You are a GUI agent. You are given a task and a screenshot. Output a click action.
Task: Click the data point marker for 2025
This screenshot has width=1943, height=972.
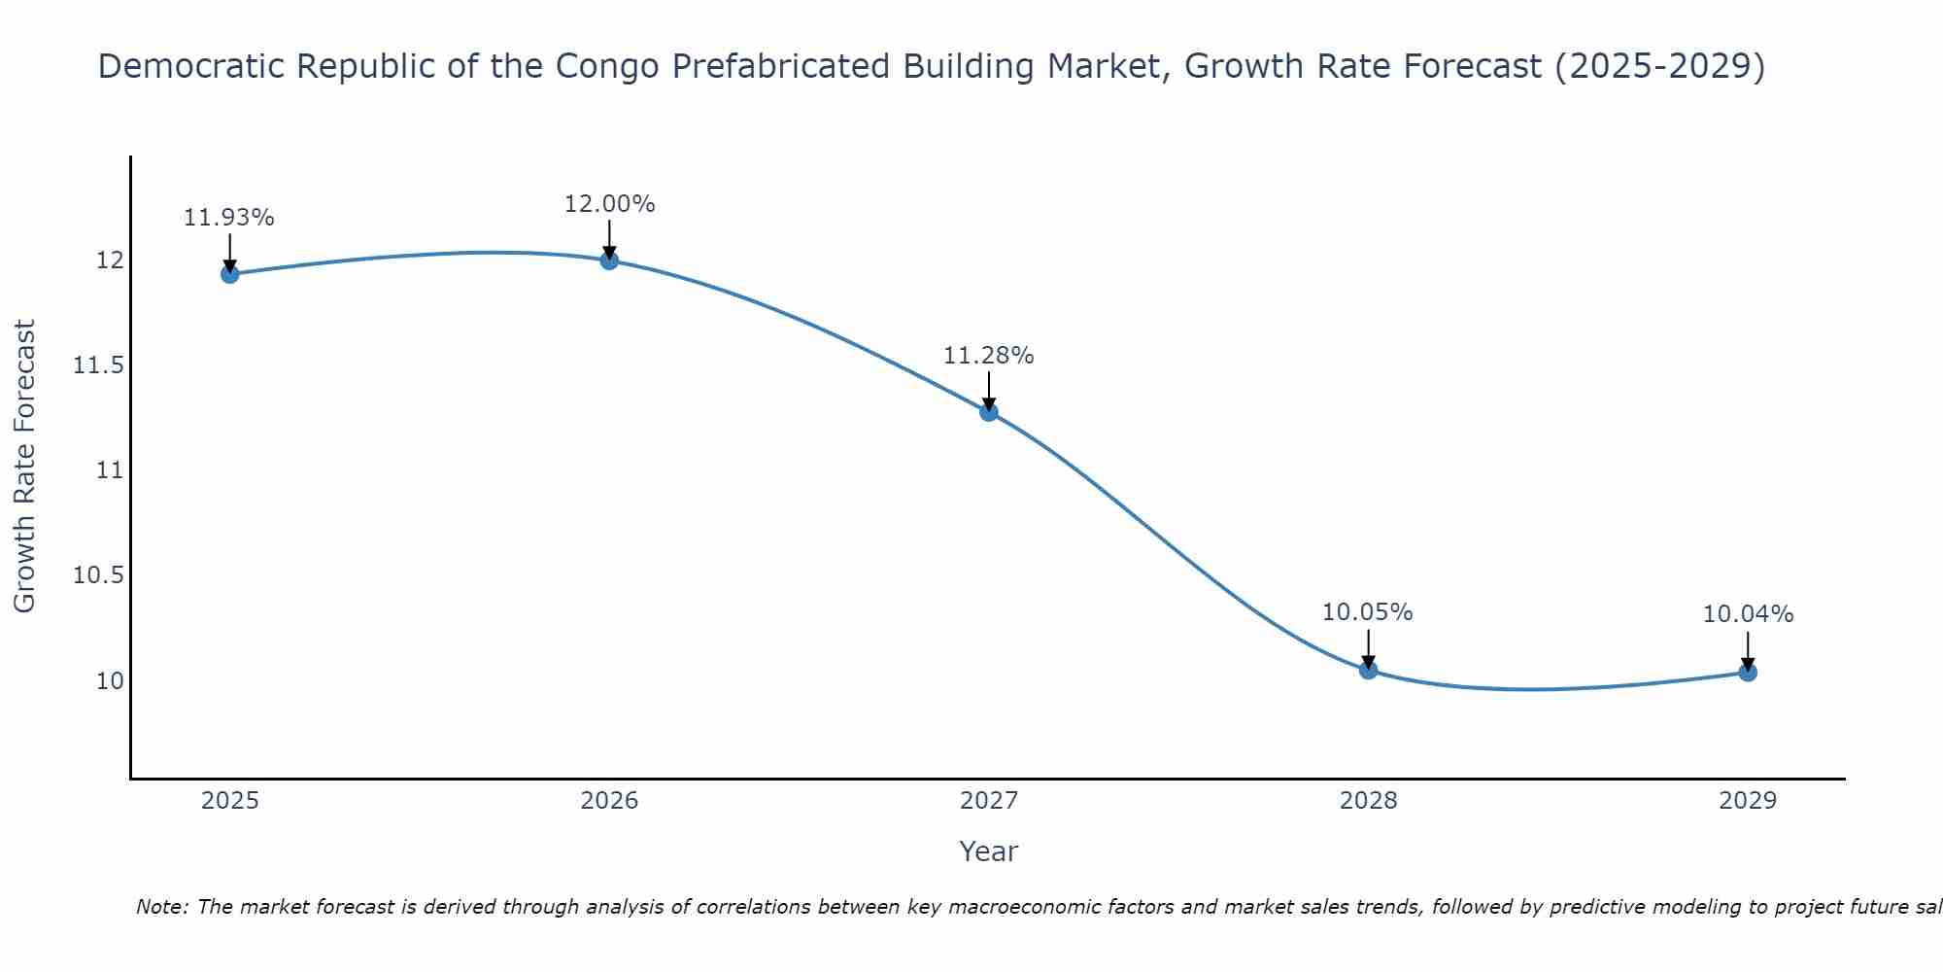click(x=230, y=274)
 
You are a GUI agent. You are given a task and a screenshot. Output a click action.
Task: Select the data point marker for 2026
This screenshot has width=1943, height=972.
click(x=609, y=260)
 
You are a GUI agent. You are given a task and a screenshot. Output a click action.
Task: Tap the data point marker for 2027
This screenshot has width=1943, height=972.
click(x=989, y=411)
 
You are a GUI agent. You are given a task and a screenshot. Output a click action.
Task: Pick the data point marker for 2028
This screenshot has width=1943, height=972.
click(x=1368, y=670)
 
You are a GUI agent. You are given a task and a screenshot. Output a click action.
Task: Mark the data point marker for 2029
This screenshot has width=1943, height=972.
click(x=1748, y=672)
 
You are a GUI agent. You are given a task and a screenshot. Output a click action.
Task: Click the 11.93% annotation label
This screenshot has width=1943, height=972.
click(x=229, y=218)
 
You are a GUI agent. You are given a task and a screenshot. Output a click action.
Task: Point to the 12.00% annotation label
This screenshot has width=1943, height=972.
click(x=609, y=204)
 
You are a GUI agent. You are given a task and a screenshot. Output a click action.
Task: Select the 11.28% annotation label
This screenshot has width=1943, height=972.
click(x=989, y=356)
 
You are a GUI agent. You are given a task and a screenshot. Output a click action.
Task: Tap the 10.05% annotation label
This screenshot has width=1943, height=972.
click(x=1368, y=612)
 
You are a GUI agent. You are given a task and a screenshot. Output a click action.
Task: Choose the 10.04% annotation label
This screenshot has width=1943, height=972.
click(x=1748, y=614)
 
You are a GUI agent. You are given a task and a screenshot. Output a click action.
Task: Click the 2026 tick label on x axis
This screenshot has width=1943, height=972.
click(x=609, y=801)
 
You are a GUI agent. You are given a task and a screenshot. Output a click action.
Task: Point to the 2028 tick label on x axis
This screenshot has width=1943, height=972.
click(x=1368, y=801)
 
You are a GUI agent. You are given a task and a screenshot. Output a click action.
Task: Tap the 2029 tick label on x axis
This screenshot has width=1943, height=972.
click(x=1748, y=801)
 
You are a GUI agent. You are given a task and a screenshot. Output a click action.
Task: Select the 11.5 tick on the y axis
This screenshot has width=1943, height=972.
click(x=98, y=365)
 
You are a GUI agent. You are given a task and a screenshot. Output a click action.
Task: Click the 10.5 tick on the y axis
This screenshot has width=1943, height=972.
click(x=98, y=575)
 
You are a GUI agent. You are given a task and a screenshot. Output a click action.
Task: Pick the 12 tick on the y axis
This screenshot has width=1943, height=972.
click(x=109, y=260)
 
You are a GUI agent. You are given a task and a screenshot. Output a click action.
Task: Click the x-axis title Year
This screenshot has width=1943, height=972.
click(x=988, y=851)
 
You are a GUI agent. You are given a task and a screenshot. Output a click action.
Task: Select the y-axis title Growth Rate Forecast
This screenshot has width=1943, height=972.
click(x=24, y=467)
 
